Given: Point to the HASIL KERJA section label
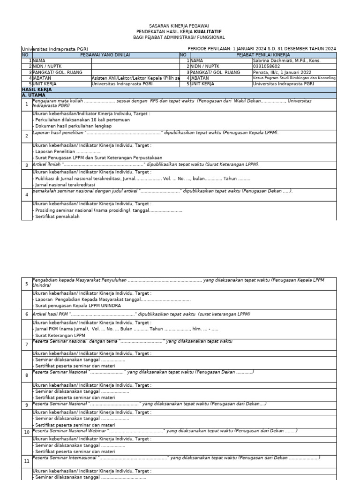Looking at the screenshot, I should pos(37,89).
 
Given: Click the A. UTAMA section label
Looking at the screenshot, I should pos(34,95).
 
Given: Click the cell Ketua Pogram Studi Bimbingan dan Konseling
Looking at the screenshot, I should pos(294,78).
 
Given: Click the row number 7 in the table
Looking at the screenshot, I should pos(27,344).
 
